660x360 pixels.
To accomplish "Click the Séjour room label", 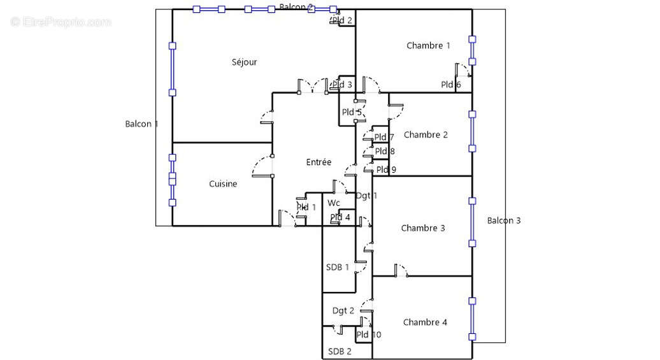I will click(244, 62).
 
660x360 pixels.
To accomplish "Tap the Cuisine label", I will click(223, 184).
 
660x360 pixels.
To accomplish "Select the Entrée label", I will click(319, 162).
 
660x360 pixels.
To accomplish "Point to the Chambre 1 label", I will click(428, 46).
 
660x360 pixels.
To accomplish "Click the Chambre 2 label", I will click(426, 135).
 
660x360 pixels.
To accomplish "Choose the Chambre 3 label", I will click(423, 228).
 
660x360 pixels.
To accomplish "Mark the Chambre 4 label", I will click(425, 322).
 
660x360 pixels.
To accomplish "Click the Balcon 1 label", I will click(141, 124).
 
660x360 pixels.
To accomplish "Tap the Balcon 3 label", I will click(504, 221).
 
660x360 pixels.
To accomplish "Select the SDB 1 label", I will click(338, 268).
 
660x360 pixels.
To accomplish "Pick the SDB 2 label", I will click(340, 352).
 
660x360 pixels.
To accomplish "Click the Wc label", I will click(334, 203).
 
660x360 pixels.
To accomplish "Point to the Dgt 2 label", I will click(343, 311).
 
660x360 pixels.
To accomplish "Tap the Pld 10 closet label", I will click(369, 335).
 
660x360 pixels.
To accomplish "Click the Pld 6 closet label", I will click(451, 85).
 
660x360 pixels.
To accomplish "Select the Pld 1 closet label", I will click(306, 208).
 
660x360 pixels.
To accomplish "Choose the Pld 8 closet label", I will click(385, 152).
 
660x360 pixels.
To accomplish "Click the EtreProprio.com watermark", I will click(61, 22).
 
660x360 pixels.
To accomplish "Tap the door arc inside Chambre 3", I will click(401, 270).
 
